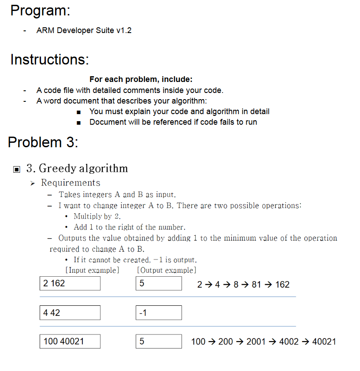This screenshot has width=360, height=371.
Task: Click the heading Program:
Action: pyautogui.click(x=40, y=11)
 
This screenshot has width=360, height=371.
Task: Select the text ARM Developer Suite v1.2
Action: pyautogui.click(x=84, y=30)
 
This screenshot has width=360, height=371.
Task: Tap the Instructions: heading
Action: pyautogui.click(x=49, y=59)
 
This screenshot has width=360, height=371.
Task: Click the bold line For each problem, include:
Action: pyautogui.click(x=141, y=79)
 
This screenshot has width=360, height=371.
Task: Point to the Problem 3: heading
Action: pyautogui.click(x=43, y=142)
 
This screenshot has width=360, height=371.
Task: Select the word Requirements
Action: pyautogui.click(x=71, y=183)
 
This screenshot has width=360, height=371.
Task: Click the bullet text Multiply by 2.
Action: pyautogui.click(x=97, y=216)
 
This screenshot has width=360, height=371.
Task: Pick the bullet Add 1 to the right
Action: pyautogui.click(x=129, y=227)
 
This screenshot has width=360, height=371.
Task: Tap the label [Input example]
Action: pyautogui.click(x=92, y=270)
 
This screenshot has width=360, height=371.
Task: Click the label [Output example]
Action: pyautogui.click(x=167, y=270)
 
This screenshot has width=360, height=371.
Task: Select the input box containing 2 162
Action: pyautogui.click(x=70, y=283)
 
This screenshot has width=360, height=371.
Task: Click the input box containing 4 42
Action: pyautogui.click(x=70, y=313)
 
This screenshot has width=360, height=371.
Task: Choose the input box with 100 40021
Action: pyautogui.click(x=70, y=341)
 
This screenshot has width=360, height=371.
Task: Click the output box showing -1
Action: pyautogui.click(x=159, y=313)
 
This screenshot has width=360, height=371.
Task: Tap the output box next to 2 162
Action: pyautogui.click(x=159, y=283)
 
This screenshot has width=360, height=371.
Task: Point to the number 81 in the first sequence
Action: pyautogui.click(x=256, y=285)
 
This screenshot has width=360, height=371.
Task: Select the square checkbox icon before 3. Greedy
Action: pyautogui.click(x=17, y=169)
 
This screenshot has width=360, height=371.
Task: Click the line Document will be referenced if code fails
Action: pyautogui.click(x=173, y=122)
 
